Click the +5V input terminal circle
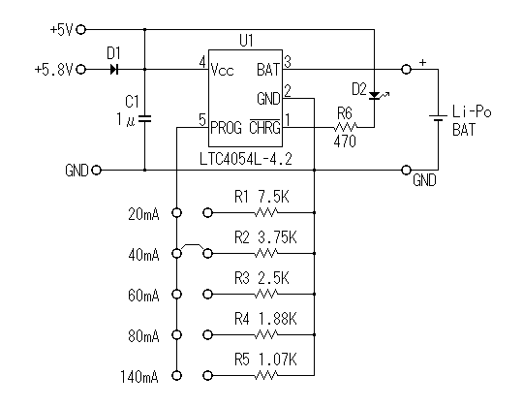(x=81, y=30)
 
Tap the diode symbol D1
(x=114, y=70)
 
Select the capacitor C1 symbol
(x=144, y=118)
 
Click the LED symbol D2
(x=375, y=96)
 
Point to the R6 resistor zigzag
(x=346, y=127)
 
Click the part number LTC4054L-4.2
(x=246, y=159)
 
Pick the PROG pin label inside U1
(x=226, y=128)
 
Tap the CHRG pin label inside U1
(x=264, y=127)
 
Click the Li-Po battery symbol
(x=438, y=118)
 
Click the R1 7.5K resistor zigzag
(x=265, y=212)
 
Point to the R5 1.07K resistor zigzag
(x=265, y=376)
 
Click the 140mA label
(x=139, y=377)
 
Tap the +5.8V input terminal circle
(x=81, y=70)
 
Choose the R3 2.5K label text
(x=261, y=278)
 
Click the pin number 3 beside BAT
(x=288, y=62)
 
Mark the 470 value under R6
(x=345, y=141)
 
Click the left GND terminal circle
(x=96, y=171)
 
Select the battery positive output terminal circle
(x=406, y=70)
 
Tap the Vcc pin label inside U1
(x=222, y=70)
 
